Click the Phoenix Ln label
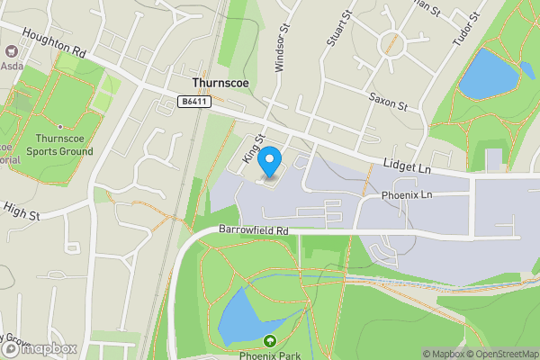[407, 194]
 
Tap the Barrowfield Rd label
[253, 231]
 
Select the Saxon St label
[388, 100]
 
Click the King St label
[253, 148]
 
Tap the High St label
[22, 214]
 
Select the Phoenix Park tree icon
[270, 340]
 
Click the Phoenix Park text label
[270, 355]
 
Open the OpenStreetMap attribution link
[502, 354]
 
